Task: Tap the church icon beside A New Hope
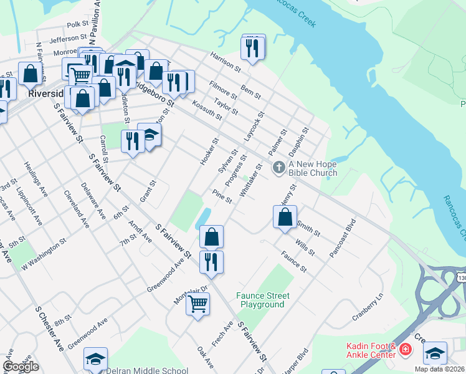tap(278, 167)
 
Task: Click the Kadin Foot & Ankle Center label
tap(371, 350)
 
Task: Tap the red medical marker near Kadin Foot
tap(406, 350)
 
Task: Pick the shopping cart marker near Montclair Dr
tap(197, 304)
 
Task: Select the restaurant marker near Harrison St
tap(252, 47)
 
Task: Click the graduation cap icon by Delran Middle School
tap(95, 359)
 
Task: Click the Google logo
tap(21, 367)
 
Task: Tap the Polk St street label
tap(78, 24)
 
